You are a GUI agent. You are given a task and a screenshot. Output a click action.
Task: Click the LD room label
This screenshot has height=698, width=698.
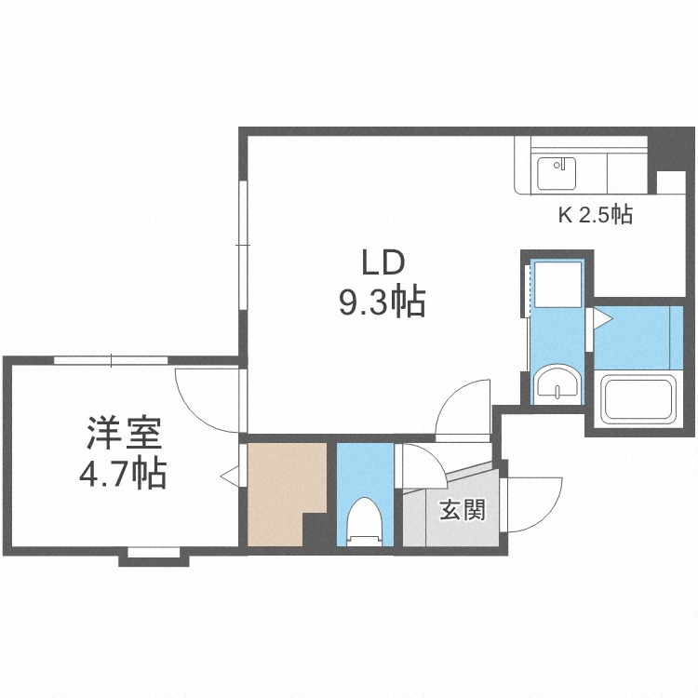381,263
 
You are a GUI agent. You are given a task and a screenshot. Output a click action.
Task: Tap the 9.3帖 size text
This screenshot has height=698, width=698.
381,302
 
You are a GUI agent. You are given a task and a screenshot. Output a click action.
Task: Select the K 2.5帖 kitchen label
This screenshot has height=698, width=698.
595,215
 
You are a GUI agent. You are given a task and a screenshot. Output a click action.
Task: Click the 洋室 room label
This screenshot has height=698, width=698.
124,435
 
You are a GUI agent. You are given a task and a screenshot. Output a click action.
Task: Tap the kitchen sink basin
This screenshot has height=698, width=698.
557,171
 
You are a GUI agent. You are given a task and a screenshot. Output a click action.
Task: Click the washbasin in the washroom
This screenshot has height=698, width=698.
557,383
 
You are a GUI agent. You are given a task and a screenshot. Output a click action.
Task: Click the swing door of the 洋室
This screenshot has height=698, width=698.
206,398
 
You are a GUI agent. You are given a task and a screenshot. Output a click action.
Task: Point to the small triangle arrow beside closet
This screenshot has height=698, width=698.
227,476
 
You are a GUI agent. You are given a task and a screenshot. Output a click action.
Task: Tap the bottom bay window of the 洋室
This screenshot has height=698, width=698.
154,555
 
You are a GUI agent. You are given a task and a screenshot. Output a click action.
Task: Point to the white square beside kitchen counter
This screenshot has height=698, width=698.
671,182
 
